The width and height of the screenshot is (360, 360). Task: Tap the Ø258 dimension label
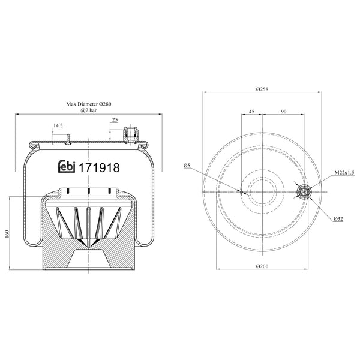point(261,89)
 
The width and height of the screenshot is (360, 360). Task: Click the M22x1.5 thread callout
point(344,172)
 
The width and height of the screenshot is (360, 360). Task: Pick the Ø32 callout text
point(338,219)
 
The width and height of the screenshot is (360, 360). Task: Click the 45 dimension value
point(251,111)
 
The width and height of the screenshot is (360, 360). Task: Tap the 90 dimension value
point(283,111)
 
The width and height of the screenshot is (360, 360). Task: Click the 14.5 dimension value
point(58,125)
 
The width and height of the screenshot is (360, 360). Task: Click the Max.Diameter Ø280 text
point(88,104)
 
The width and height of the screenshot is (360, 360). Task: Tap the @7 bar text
point(88,111)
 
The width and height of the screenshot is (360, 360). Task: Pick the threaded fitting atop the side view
point(130,134)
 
